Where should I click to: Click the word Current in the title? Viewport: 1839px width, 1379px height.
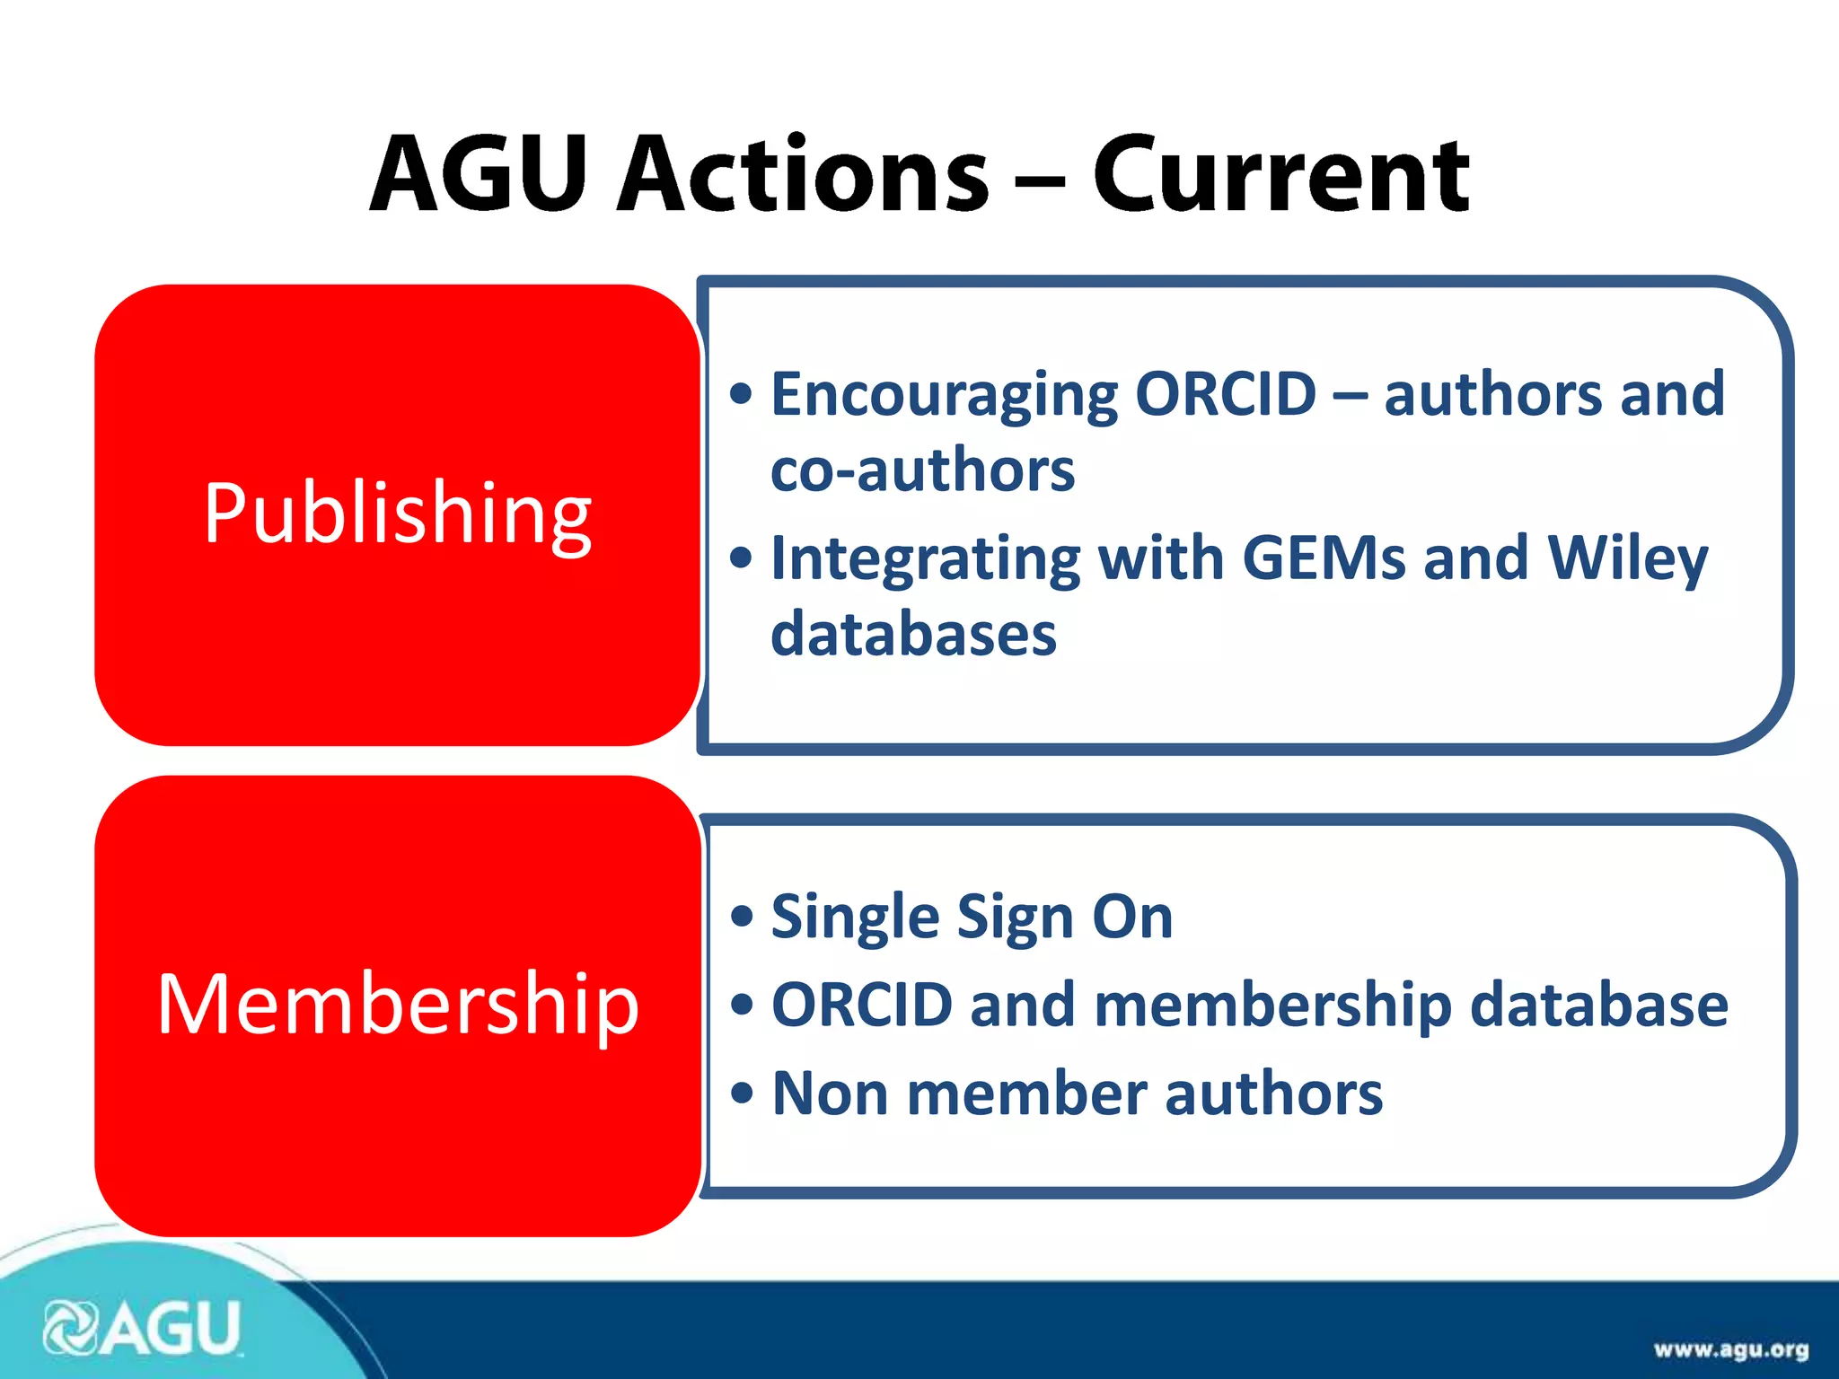click(1280, 175)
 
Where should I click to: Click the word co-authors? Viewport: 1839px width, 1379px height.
click(922, 470)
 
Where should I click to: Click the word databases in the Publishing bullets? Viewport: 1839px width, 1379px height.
click(913, 634)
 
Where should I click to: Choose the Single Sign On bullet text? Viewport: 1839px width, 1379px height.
click(972, 918)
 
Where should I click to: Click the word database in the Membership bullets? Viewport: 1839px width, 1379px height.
click(1598, 1005)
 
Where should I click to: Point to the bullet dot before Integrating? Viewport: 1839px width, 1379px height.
click(741, 558)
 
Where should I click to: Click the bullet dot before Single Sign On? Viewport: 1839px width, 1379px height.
click(741, 918)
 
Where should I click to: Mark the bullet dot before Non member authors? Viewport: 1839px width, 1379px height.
click(741, 1094)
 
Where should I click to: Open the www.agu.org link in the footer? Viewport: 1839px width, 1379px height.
click(1730, 1349)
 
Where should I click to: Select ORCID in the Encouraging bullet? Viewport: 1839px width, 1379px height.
click(1226, 394)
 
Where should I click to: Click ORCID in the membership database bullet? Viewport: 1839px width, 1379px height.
click(862, 1005)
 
